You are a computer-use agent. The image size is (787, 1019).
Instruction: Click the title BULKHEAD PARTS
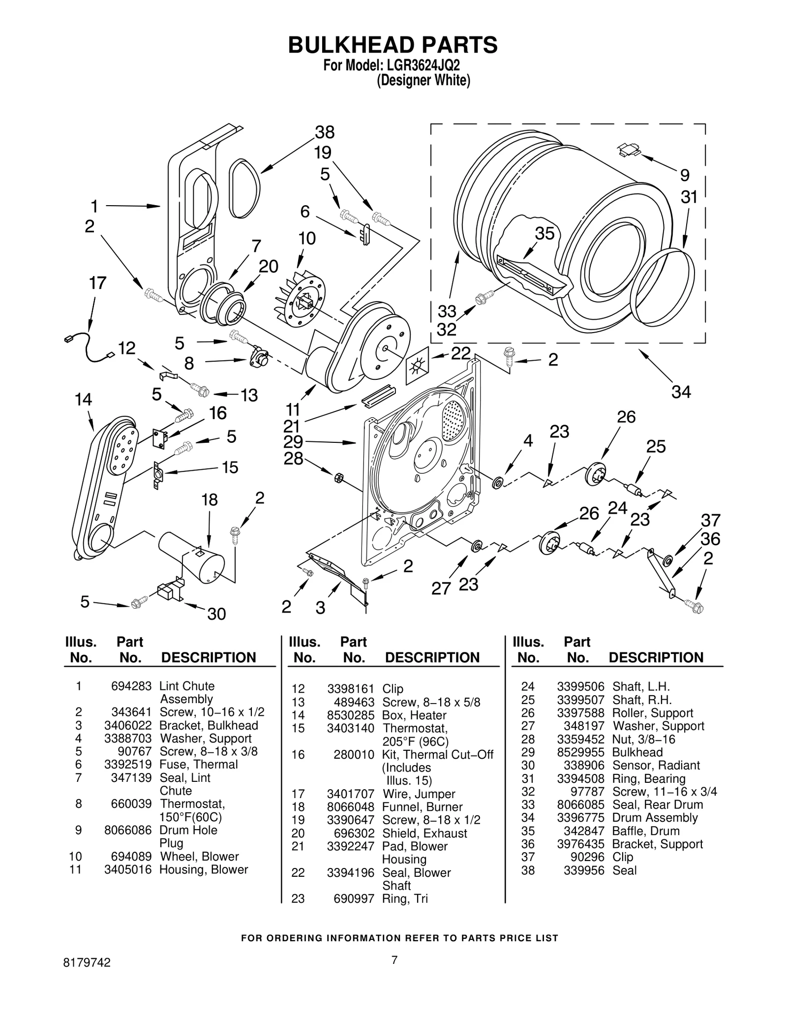393,45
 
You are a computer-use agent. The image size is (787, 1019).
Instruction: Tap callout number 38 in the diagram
325,132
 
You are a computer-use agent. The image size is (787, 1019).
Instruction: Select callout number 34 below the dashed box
681,392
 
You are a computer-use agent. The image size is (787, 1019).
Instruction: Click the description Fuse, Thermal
198,765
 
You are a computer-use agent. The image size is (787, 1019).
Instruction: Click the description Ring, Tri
405,898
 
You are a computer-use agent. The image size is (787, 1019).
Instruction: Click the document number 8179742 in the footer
87,976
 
